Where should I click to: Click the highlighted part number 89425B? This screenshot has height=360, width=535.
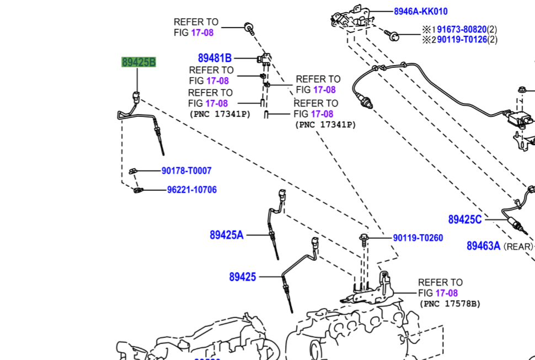[138, 62]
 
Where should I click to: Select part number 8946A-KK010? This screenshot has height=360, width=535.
[421, 12]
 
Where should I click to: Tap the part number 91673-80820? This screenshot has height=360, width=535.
[462, 29]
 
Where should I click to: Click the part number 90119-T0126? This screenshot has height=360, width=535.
[462, 40]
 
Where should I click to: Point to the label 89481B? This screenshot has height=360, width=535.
[215, 58]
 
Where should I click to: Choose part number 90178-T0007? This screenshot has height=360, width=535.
[186, 170]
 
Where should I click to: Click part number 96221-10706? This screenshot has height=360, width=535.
[192, 190]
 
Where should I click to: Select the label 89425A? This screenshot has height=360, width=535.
[227, 235]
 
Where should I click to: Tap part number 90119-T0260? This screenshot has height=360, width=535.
[418, 238]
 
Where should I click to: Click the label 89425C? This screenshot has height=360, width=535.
[465, 219]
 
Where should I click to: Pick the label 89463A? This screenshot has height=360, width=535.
[483, 246]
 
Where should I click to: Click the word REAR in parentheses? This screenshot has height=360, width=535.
[517, 246]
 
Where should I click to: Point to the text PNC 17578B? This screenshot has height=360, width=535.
[450, 303]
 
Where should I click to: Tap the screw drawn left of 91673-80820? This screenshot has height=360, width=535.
[392, 35]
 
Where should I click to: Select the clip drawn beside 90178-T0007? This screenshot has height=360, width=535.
[133, 171]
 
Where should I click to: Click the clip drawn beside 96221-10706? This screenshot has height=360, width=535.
[138, 190]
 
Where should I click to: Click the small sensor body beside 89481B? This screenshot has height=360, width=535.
[264, 58]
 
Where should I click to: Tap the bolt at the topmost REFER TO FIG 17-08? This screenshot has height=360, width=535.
[249, 28]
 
